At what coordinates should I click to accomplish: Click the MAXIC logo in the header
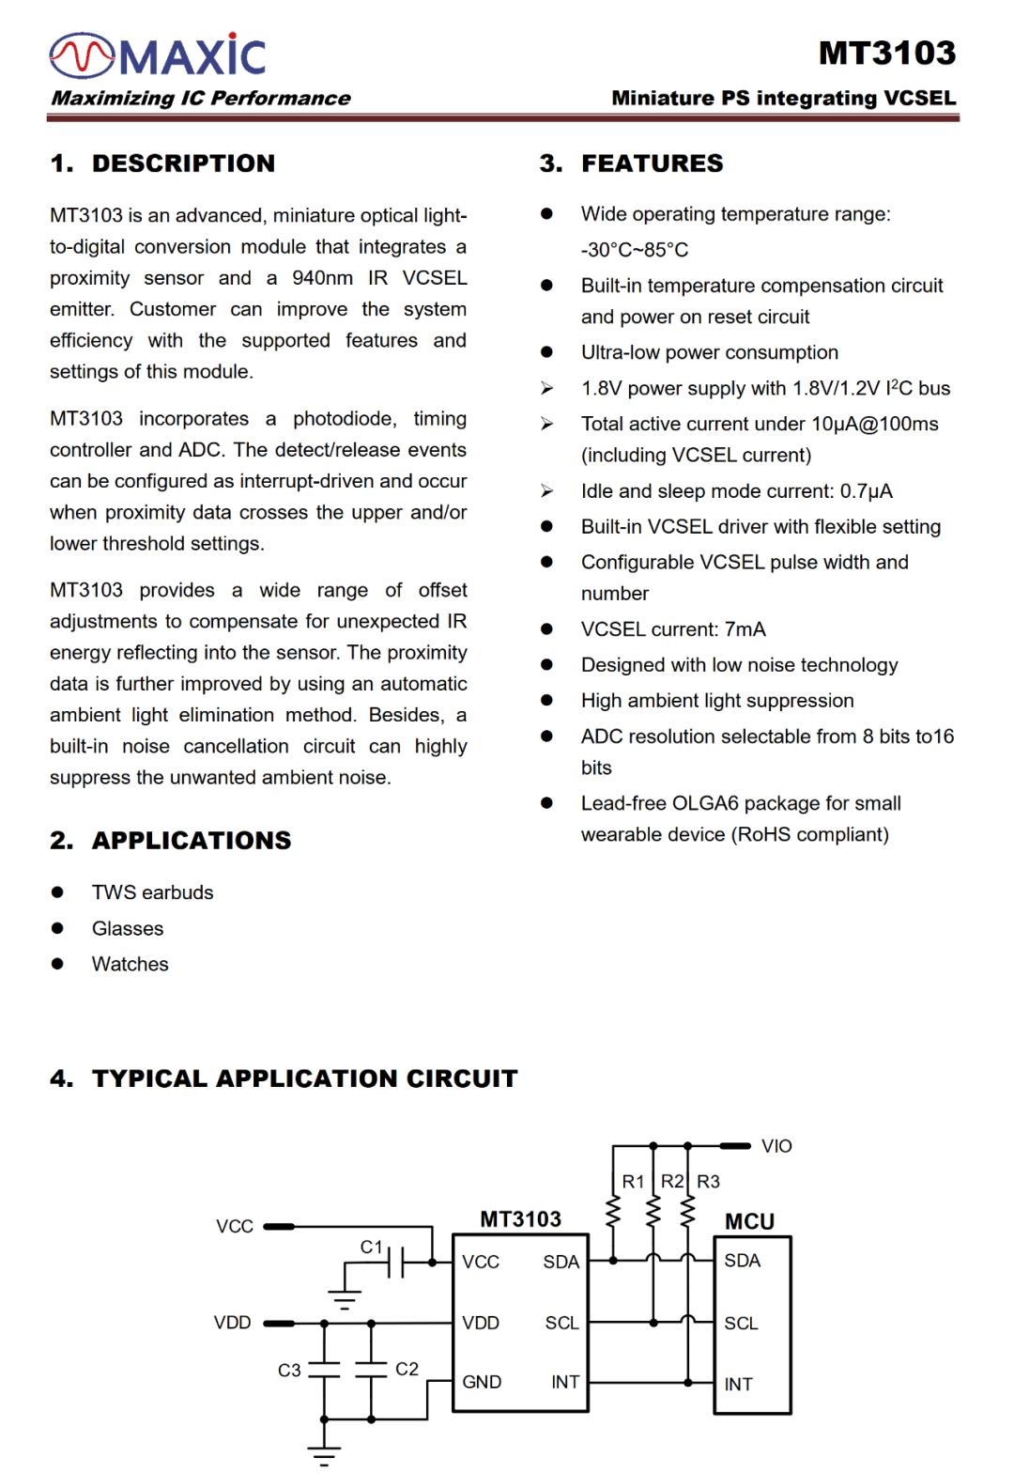pos(158,55)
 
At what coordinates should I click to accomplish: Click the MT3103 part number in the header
pos(886,53)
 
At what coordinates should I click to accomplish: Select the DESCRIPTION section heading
pos(183,163)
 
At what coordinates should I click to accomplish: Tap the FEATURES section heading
pos(652,163)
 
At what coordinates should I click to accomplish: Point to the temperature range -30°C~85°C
pos(635,250)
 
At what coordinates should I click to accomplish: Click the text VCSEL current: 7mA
pos(673,629)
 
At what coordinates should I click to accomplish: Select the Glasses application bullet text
pos(128,928)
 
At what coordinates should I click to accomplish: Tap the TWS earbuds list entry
pos(152,892)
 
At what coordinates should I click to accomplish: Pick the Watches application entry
pos(131,964)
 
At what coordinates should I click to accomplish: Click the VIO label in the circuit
pos(776,1146)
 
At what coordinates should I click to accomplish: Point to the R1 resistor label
pos(633,1182)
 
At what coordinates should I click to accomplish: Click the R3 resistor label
pos(708,1182)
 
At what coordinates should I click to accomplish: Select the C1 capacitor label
pos(372,1247)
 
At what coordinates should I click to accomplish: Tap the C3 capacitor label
pos(289,1371)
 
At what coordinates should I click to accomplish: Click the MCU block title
pos(749,1221)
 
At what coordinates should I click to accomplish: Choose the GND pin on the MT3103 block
pos(482,1382)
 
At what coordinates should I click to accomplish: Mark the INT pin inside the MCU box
pos(738,1384)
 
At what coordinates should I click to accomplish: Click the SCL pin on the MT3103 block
pos(561,1323)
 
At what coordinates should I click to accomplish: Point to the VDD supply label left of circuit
pos(232,1323)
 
